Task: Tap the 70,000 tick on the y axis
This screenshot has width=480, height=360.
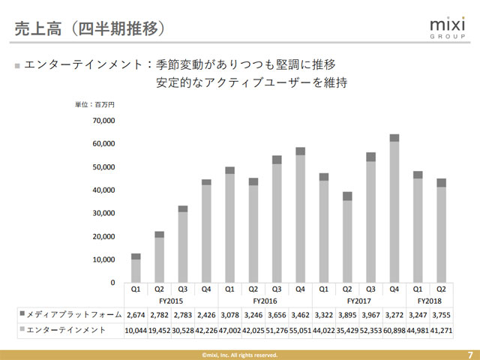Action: click(x=102, y=120)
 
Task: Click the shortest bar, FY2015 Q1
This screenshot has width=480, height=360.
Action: click(x=136, y=268)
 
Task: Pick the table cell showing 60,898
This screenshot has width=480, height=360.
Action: click(x=394, y=330)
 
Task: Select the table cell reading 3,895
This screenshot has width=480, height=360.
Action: click(x=347, y=313)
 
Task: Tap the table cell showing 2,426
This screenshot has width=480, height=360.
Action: click(x=206, y=313)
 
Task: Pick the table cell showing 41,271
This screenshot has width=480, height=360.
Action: click(x=441, y=330)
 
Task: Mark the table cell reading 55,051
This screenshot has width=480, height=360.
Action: click(x=300, y=330)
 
